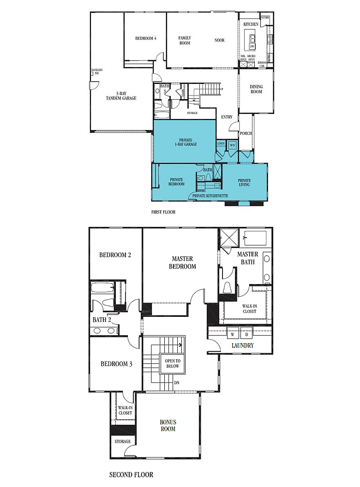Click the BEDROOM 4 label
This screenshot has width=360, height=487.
[x=145, y=38]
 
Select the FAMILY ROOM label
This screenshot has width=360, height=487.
[x=185, y=41]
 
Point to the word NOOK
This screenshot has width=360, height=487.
[x=220, y=40]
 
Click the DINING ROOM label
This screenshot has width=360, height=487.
[x=256, y=89]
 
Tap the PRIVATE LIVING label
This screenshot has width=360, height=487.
[x=244, y=182]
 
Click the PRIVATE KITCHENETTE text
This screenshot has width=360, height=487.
[x=210, y=196]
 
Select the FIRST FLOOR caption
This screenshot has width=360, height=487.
[x=163, y=212]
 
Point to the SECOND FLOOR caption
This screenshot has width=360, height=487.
[x=131, y=474]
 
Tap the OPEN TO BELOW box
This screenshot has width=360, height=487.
[x=172, y=363]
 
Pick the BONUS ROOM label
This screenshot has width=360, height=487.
[x=168, y=425]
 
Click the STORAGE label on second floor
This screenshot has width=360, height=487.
[x=123, y=441]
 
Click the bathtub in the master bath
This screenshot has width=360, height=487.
[x=255, y=238]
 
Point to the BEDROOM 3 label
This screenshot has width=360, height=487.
[x=117, y=364]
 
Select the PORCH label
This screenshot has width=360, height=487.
[x=245, y=134]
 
